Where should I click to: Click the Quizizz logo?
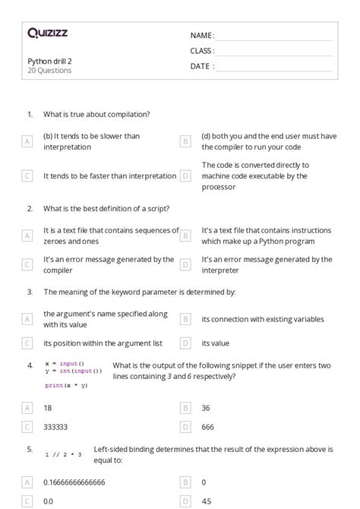(x=47, y=33)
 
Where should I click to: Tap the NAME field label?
(x=201, y=36)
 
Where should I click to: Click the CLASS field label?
(x=202, y=51)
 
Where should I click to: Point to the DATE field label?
(x=201, y=66)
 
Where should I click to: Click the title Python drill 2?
(x=50, y=61)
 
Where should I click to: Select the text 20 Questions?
(x=49, y=71)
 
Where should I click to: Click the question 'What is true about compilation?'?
(x=96, y=114)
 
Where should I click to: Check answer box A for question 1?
(x=27, y=141)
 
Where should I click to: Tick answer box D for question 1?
(x=185, y=175)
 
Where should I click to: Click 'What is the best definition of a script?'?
(x=106, y=208)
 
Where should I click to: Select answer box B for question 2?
(x=185, y=236)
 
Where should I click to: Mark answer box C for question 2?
(x=27, y=264)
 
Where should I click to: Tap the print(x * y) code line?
(x=66, y=385)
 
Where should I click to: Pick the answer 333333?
(x=58, y=428)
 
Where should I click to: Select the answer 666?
(x=208, y=428)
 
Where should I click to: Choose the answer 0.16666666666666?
(x=84, y=482)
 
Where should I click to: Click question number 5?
(x=30, y=449)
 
